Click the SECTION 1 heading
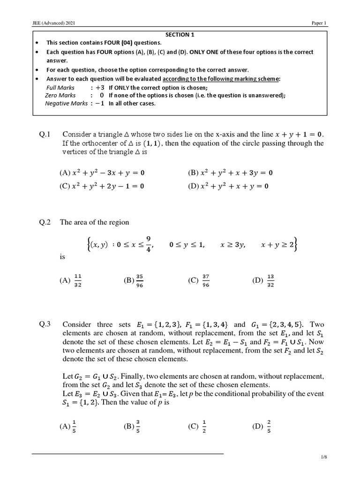pos(180,35)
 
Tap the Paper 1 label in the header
pos(319,23)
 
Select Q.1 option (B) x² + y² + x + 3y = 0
pos(230,172)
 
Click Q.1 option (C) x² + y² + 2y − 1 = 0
pos(102,186)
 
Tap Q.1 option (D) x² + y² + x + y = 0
pos(228,186)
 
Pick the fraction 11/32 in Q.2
pos(78,280)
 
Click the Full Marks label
pos(60,88)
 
